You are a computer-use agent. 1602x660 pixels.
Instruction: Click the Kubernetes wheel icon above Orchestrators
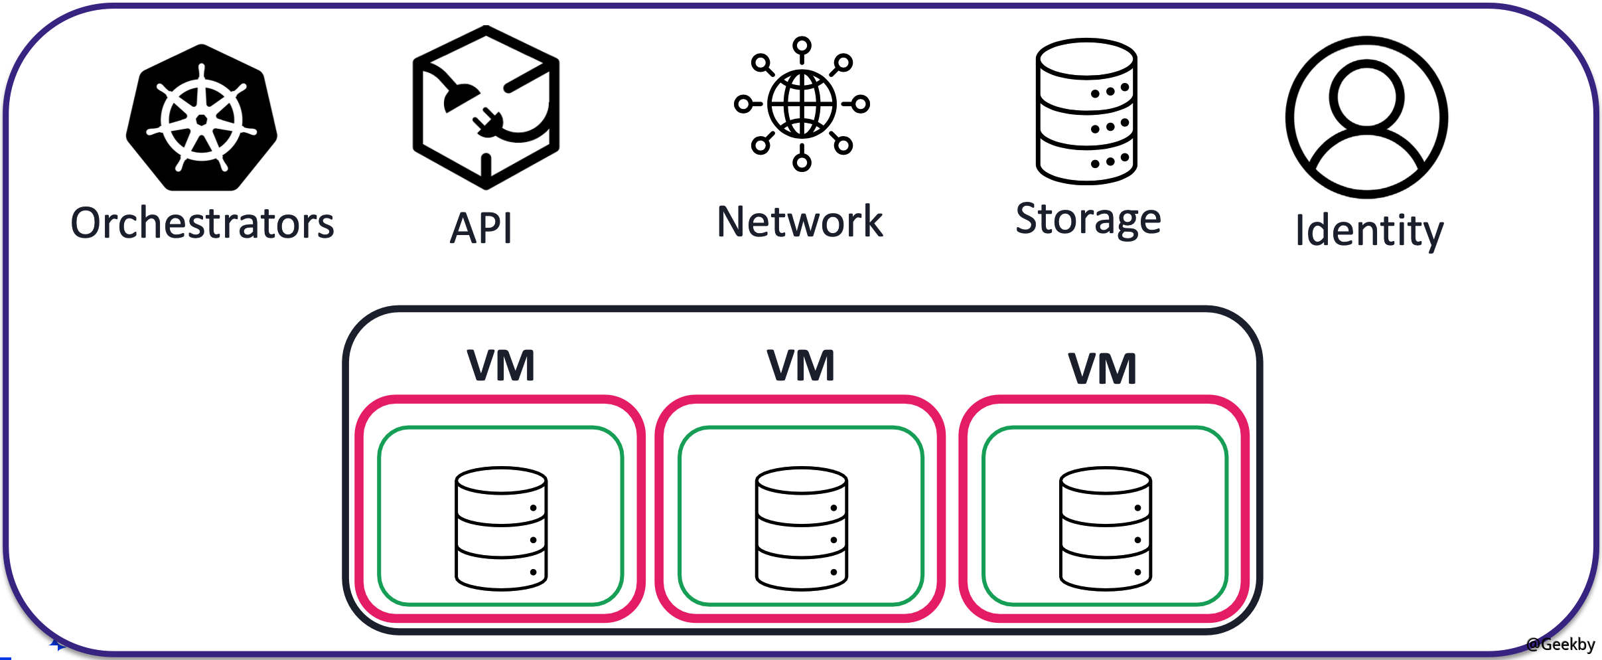click(202, 118)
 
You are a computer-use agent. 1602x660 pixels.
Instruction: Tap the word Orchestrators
click(202, 224)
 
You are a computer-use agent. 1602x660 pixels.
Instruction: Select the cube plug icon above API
click(486, 108)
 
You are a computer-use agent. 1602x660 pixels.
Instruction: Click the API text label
click(481, 228)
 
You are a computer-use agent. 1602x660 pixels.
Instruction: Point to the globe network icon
click(802, 104)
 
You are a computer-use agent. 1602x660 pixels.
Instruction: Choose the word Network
click(800, 222)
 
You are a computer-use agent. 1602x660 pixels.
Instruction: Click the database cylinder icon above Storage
click(1086, 112)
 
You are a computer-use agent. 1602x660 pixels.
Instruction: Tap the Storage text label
click(1088, 219)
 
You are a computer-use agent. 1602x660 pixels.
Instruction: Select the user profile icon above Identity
click(1367, 117)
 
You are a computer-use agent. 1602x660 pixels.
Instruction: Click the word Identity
click(1369, 230)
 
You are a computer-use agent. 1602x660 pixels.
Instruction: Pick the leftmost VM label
click(501, 366)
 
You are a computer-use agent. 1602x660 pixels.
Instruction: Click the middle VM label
click(801, 366)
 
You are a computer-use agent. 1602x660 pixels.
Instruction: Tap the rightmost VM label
click(1102, 369)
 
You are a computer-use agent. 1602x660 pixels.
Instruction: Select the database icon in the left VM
click(501, 529)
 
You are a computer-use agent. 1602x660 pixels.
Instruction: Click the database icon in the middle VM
click(801, 529)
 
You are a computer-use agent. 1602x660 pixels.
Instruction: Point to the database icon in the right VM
click(1106, 529)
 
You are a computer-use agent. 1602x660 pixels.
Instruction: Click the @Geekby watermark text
click(1560, 644)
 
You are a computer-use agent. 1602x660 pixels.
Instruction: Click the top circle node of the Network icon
click(802, 46)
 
